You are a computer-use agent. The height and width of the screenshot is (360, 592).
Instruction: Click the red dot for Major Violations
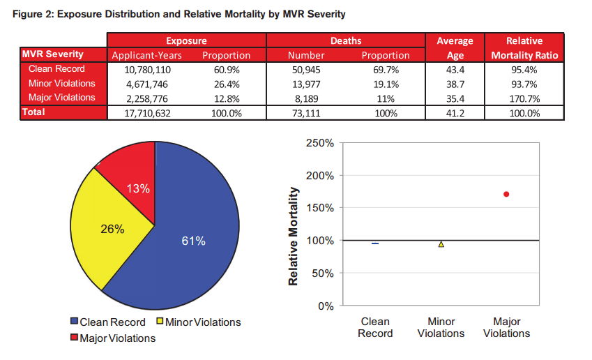(506, 194)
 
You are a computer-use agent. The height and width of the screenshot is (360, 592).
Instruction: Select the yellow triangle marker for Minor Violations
(441, 243)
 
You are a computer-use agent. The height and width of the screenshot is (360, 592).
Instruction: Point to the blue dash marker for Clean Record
(375, 243)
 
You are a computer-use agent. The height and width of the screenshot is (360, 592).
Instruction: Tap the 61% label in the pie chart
(193, 241)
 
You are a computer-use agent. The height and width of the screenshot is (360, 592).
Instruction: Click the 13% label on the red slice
(138, 188)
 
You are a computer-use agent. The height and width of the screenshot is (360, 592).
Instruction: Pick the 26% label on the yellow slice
(112, 229)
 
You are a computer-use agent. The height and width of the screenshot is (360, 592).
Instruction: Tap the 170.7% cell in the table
(524, 97)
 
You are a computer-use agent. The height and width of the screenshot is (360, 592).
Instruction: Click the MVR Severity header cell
(53, 54)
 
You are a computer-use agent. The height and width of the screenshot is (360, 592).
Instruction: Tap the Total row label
(34, 112)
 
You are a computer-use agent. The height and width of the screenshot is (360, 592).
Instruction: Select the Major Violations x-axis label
(506, 327)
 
